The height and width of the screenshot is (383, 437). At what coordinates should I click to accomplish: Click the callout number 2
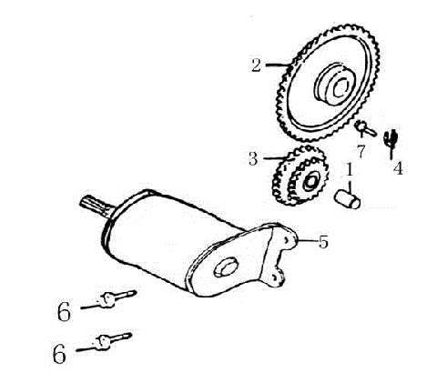[257, 65]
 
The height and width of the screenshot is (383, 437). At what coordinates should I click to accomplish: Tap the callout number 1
[348, 169]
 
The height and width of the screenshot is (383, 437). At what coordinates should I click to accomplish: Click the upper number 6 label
[63, 311]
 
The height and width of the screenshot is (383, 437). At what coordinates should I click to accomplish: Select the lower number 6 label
[60, 353]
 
